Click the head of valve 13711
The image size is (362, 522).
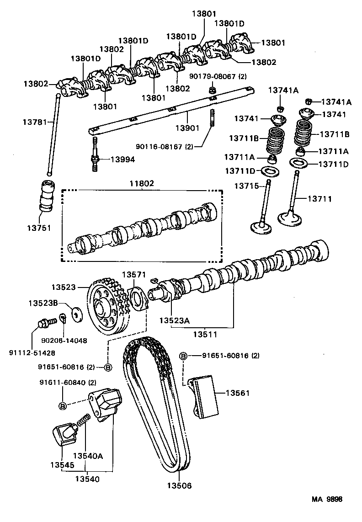[x=289, y=218]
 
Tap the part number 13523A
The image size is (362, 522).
[x=174, y=320]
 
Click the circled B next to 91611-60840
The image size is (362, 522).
[x=63, y=405]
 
